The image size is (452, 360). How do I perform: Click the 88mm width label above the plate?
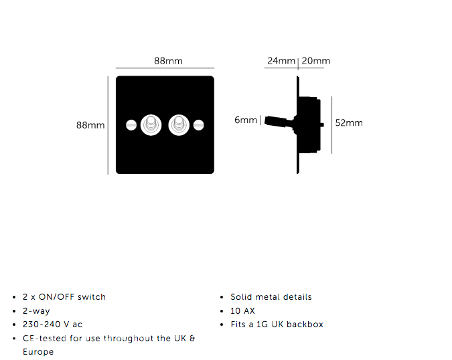(168, 61)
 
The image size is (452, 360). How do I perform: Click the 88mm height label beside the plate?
(90, 125)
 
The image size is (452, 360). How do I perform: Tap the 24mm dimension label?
(281, 61)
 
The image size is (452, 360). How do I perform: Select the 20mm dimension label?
(315, 61)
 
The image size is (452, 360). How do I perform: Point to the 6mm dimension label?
(246, 120)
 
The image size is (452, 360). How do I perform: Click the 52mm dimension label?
(349, 123)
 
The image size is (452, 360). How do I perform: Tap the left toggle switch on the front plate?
(151, 125)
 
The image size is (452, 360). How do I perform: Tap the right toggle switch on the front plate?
(179, 125)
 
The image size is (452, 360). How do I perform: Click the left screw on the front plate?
(131, 125)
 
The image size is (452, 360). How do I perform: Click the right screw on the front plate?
(199, 125)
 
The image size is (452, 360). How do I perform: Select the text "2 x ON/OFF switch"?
(64, 297)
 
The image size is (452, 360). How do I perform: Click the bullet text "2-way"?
(36, 311)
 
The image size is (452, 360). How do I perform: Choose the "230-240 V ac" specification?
(52, 325)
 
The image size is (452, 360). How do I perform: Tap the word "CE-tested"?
(45, 339)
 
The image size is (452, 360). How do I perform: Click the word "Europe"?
(38, 352)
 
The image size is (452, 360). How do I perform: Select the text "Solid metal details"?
(271, 297)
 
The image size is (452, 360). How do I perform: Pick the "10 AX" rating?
(242, 311)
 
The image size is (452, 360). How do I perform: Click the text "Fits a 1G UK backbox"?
(277, 325)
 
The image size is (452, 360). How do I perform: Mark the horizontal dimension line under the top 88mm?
(165, 68)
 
